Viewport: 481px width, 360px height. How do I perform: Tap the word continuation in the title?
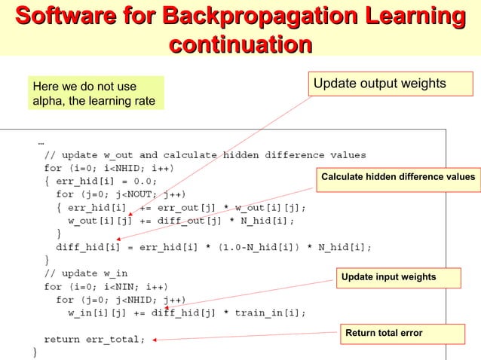240,44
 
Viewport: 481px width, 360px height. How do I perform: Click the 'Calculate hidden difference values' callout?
398,176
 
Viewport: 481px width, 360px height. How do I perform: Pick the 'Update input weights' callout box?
388,277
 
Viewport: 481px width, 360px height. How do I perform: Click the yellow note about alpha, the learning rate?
93,94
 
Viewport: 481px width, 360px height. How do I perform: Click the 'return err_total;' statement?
94,339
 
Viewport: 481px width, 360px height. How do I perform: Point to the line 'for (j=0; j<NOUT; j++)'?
120,194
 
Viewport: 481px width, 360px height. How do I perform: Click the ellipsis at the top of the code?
40,141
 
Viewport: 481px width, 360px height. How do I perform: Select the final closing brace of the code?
34,352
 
